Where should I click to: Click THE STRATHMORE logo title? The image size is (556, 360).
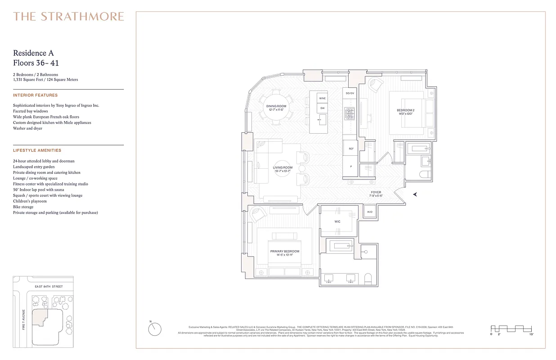68,17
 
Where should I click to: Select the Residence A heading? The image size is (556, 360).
34,54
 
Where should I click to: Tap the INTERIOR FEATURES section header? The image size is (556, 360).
36,95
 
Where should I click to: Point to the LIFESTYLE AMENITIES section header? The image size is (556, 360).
37,150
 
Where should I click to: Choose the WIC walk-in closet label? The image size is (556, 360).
337,221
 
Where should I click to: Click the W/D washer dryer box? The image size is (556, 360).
370,211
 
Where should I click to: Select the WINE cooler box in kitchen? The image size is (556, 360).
322,98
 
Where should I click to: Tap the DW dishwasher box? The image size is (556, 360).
322,108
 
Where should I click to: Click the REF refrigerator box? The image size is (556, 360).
350,148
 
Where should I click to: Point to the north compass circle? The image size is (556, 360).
154,329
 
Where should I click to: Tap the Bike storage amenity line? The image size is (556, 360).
24,207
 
